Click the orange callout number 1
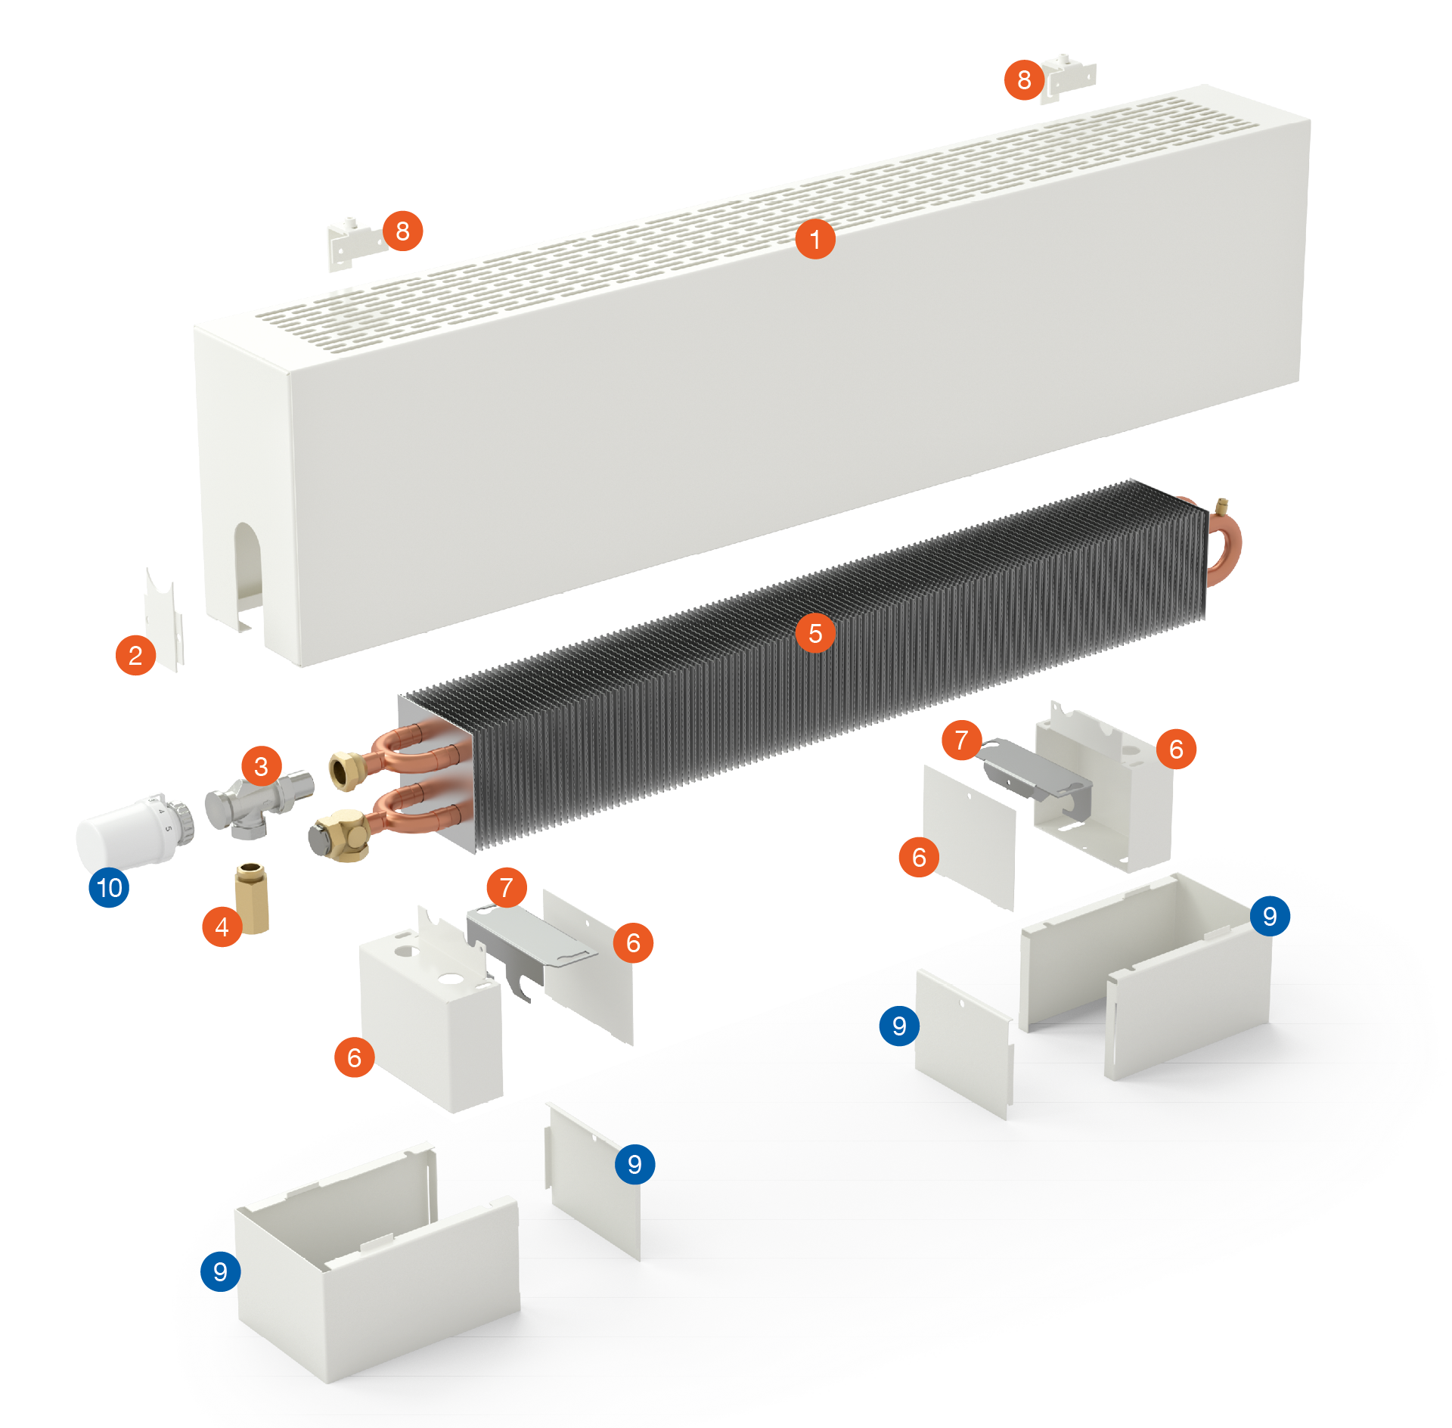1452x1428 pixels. click(x=815, y=239)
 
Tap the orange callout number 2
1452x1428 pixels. click(x=135, y=655)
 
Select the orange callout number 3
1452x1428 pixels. click(x=261, y=766)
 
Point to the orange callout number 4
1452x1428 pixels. click(x=222, y=927)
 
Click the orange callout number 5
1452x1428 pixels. click(x=815, y=633)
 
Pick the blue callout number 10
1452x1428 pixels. click(x=109, y=887)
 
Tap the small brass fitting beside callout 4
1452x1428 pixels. click(x=252, y=898)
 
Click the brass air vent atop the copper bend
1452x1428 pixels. click(x=1221, y=506)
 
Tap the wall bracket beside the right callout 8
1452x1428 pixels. click(x=1068, y=78)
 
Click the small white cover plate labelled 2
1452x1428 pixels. click(x=164, y=619)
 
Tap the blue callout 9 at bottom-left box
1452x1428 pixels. click(x=220, y=1271)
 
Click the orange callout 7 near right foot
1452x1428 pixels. click(x=961, y=740)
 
